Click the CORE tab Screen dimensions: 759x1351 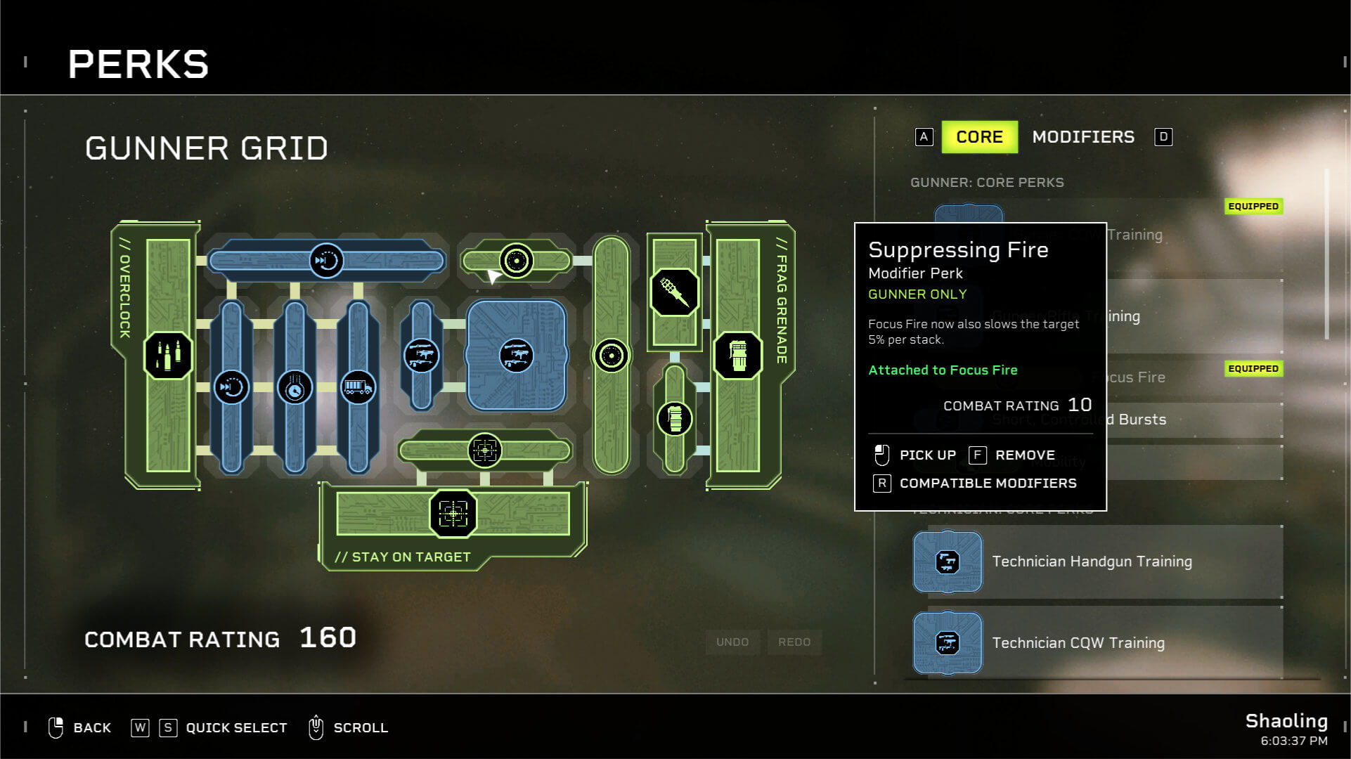click(x=978, y=137)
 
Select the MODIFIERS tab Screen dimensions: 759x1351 click(x=1082, y=137)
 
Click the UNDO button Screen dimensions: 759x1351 click(x=732, y=642)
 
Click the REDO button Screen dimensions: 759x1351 click(x=794, y=642)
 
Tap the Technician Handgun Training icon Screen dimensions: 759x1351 click(x=947, y=562)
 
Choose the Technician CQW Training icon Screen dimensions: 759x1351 click(x=947, y=642)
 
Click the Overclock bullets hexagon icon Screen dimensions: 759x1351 click(x=167, y=356)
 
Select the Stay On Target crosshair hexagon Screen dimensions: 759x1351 click(x=453, y=514)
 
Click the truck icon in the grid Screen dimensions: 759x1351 click(x=358, y=387)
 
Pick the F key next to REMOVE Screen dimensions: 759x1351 click(x=977, y=455)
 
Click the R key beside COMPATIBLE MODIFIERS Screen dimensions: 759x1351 click(x=881, y=483)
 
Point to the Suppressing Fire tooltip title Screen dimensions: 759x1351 click(x=958, y=250)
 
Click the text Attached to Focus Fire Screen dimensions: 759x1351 click(x=943, y=370)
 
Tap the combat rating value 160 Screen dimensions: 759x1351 click(x=328, y=637)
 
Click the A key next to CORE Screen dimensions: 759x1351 click(x=924, y=137)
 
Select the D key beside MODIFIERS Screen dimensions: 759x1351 click(x=1163, y=137)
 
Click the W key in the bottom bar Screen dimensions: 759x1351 click(x=140, y=727)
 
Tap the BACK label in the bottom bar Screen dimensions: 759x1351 click(x=92, y=727)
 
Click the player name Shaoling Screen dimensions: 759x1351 click(x=1286, y=720)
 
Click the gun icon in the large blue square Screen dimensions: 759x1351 click(x=517, y=356)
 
